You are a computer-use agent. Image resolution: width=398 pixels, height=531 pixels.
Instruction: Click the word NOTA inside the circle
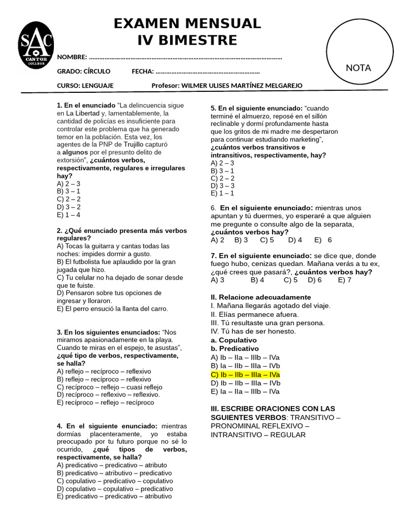358,68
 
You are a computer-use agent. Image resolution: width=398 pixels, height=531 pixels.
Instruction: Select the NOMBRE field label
72,57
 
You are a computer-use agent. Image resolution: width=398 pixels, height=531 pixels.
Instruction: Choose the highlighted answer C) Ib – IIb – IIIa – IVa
245,374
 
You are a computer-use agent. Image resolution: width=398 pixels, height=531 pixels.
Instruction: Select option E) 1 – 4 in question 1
68,215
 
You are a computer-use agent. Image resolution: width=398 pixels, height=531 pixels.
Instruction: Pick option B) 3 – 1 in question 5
222,171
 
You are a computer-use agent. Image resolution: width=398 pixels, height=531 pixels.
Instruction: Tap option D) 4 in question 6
295,240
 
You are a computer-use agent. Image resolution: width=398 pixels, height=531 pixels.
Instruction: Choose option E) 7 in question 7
345,280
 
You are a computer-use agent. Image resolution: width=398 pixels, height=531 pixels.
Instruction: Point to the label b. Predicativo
234,348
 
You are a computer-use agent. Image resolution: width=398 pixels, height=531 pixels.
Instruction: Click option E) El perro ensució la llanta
112,309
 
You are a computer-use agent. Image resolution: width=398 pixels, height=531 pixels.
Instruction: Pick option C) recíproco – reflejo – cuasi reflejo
109,387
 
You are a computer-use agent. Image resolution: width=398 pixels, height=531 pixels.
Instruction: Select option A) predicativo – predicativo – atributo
112,465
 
